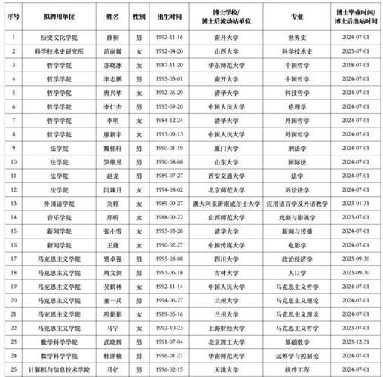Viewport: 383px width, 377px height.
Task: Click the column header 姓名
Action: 112,14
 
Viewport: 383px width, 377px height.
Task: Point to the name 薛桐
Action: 112,36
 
